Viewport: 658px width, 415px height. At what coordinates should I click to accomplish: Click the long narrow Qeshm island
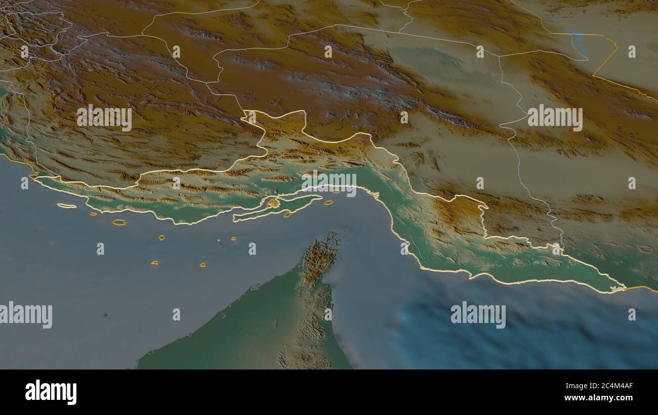coord(276,207)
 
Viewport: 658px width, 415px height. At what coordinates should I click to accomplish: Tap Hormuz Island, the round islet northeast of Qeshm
coord(336,192)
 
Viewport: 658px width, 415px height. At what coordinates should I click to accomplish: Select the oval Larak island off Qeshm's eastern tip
coord(328,203)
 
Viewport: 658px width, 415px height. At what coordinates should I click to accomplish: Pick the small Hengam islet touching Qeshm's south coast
coord(287,215)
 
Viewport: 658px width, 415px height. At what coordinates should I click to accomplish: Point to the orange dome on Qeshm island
coord(273,203)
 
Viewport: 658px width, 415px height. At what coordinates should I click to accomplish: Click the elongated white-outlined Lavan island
coord(66,206)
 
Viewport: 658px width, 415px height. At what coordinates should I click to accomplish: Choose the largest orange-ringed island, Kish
coord(119,222)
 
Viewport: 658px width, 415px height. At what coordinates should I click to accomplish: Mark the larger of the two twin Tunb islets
coord(234,238)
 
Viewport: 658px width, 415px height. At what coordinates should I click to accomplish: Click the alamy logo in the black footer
coord(51,392)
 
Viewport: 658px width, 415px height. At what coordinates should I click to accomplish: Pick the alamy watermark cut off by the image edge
coord(25,314)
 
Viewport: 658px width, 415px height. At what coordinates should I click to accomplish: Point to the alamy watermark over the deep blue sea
coord(478,314)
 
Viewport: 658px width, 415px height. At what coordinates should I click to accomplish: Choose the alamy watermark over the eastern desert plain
coord(555,117)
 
